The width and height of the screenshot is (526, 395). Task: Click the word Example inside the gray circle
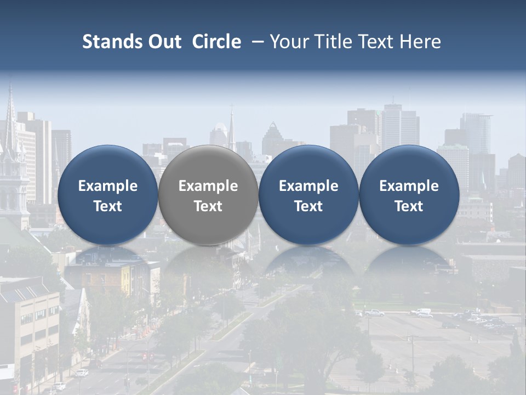point(208,186)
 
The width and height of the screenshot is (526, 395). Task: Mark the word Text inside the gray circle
point(208,206)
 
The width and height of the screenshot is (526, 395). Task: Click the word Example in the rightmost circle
point(409,186)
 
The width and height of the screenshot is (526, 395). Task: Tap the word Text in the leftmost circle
point(107,206)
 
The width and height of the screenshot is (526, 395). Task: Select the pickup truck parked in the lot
point(374,313)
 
